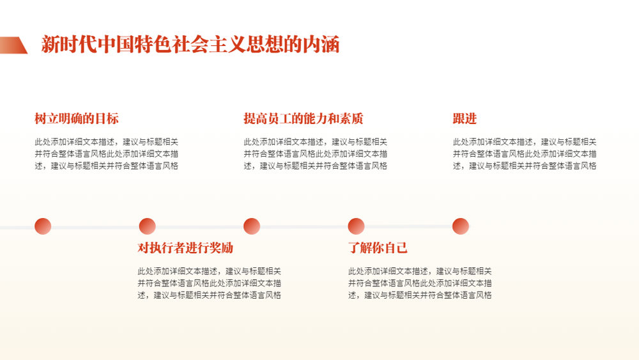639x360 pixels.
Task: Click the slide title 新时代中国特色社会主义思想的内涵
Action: coord(190,44)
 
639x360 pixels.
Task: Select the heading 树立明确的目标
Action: coord(77,119)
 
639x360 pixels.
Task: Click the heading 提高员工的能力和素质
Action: coord(303,119)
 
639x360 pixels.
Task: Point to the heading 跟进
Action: coord(465,119)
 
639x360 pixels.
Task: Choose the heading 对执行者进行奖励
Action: coord(185,247)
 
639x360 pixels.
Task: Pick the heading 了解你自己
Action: coord(378,247)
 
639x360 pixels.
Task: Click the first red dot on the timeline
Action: coord(43,226)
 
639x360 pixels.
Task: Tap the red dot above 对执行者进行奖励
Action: coord(147,226)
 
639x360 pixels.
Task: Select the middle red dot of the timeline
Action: coord(252,226)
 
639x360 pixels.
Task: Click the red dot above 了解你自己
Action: coord(356,226)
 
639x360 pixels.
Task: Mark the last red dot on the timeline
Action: coord(461,226)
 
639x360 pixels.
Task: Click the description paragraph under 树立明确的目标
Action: coord(106,153)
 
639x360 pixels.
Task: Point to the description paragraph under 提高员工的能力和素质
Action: coord(316,153)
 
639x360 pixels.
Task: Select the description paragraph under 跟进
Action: coord(525,153)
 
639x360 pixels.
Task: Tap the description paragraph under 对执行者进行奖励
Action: coord(209,283)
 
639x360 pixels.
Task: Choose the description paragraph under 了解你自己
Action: coord(420,283)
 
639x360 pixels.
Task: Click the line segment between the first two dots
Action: coord(95,227)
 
